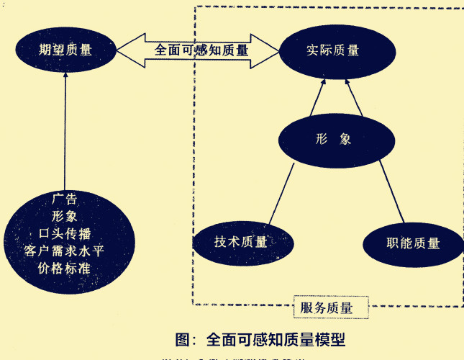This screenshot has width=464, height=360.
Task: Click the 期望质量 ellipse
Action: pyautogui.click(x=66, y=50)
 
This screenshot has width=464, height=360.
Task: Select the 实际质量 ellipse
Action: pyautogui.click(x=333, y=51)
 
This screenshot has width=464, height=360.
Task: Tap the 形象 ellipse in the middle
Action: pyautogui.click(x=333, y=139)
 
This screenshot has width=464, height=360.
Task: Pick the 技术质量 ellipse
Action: pyautogui.click(x=240, y=242)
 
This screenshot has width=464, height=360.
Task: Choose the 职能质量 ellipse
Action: pyautogui.click(x=412, y=243)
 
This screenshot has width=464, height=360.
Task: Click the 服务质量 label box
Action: pyautogui.click(x=332, y=308)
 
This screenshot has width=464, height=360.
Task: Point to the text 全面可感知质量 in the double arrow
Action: pyautogui.click(x=201, y=50)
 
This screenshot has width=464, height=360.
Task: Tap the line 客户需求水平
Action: pyautogui.click(x=65, y=250)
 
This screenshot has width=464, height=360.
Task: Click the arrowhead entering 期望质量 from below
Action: pyautogui.click(x=65, y=78)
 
